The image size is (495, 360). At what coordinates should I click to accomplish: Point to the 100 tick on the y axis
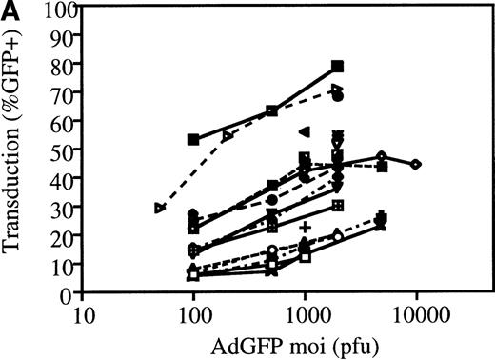click(x=61, y=9)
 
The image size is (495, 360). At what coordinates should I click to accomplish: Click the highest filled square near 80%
click(x=337, y=67)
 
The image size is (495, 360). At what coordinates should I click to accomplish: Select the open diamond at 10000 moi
click(x=416, y=165)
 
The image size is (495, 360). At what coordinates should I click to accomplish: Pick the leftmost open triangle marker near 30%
click(x=160, y=208)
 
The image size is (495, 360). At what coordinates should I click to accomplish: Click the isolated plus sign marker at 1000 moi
click(x=305, y=227)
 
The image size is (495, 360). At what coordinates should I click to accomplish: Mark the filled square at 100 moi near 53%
click(x=194, y=140)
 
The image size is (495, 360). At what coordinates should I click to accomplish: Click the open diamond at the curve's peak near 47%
click(x=381, y=156)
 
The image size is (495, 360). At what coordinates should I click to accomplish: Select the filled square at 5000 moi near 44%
click(x=382, y=167)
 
